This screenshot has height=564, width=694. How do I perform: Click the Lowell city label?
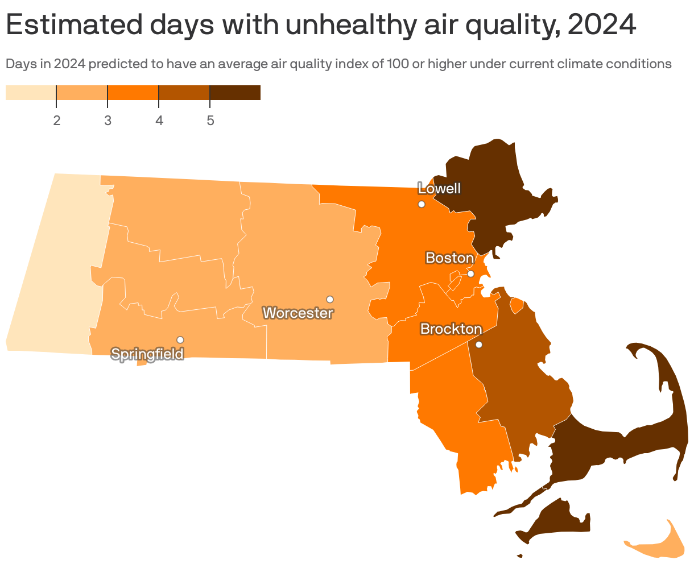click(x=439, y=189)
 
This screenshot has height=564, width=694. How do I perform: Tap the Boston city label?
click(x=449, y=258)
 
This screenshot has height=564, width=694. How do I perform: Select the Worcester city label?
click(x=298, y=313)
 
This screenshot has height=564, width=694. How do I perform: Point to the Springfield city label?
click(x=147, y=354)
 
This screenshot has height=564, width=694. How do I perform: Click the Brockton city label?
click(x=451, y=329)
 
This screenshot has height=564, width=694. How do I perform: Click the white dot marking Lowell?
click(x=422, y=204)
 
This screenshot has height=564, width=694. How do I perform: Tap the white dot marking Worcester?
click(x=329, y=299)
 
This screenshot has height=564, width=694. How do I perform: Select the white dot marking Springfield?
click(x=180, y=339)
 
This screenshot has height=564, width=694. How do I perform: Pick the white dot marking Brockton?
click(x=479, y=345)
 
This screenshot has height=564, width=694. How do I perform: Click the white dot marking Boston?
click(x=470, y=273)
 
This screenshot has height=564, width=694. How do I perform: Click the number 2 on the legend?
click(x=57, y=121)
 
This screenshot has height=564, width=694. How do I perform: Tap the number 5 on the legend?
click(x=210, y=121)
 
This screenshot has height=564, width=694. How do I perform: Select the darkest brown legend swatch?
click(x=235, y=93)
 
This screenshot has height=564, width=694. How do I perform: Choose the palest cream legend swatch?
click(x=31, y=93)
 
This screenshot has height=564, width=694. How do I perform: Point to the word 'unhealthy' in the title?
click(x=348, y=25)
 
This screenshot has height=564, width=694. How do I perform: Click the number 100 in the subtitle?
click(x=397, y=64)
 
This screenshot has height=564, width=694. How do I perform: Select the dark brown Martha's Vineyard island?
click(x=555, y=520)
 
